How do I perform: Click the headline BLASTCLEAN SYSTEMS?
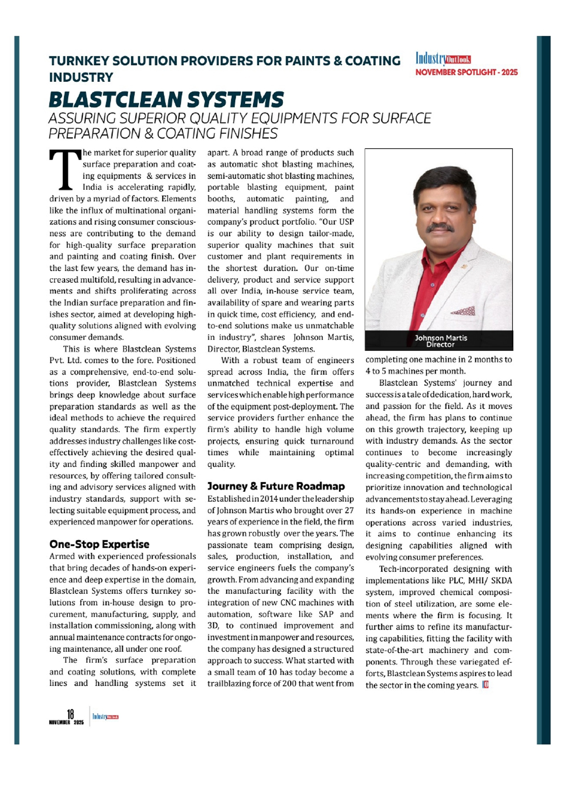click(166, 100)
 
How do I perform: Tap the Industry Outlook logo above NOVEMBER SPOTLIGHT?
click(443, 59)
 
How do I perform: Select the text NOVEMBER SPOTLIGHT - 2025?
click(466, 72)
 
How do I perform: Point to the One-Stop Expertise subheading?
click(99, 544)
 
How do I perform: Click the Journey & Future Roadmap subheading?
click(276, 486)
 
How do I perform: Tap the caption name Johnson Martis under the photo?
click(441, 338)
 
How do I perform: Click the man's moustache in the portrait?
click(440, 227)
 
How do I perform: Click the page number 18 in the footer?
click(70, 714)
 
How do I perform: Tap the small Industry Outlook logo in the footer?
click(105, 717)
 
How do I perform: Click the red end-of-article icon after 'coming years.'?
click(485, 685)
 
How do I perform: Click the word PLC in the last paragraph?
click(457, 581)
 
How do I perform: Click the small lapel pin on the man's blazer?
click(465, 266)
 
